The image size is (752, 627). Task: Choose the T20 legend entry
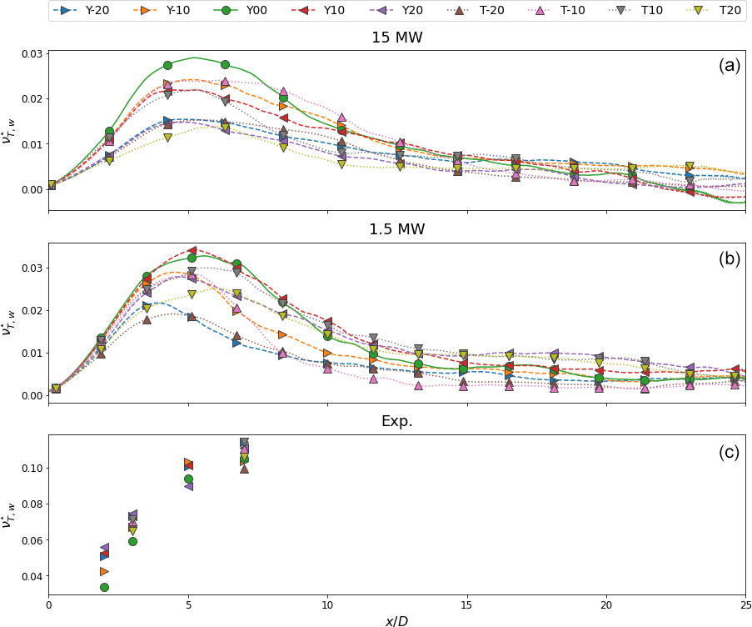click(x=721, y=11)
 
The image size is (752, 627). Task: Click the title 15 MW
click(x=397, y=38)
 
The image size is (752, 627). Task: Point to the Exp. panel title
click(x=397, y=422)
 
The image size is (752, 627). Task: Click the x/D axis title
click(x=397, y=618)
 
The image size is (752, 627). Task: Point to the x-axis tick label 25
click(x=745, y=604)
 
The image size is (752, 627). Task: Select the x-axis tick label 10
click(x=327, y=604)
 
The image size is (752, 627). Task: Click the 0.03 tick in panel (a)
click(x=31, y=54)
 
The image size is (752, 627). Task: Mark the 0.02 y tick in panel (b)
click(x=31, y=310)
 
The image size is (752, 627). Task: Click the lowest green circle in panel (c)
click(x=104, y=587)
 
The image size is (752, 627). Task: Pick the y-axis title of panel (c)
click(x=8, y=514)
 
